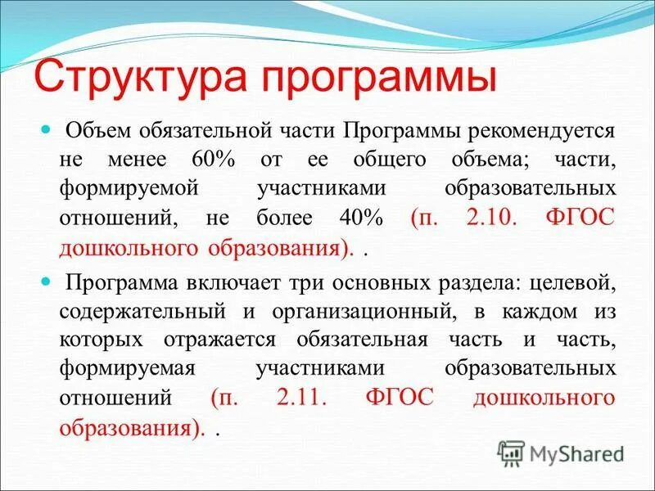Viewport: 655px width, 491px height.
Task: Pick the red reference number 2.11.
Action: pos(303,398)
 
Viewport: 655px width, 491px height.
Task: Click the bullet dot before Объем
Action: pos(46,130)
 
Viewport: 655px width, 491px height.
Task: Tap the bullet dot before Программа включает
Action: pos(46,281)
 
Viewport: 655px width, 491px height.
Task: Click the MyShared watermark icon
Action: pos(511,453)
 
